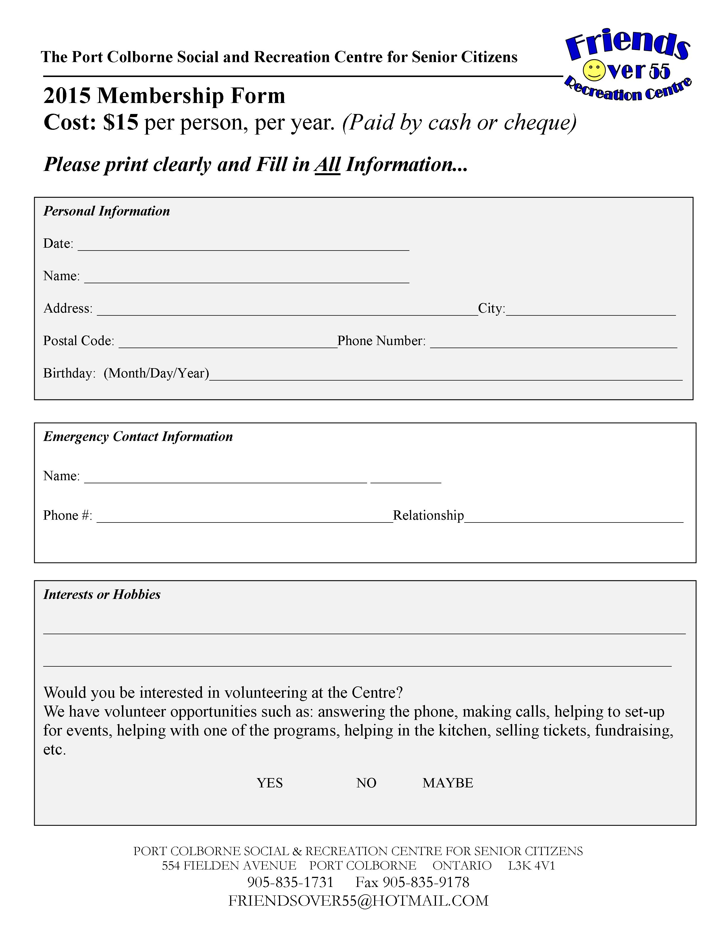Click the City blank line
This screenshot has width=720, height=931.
click(590, 311)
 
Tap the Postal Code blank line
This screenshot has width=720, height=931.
click(228, 344)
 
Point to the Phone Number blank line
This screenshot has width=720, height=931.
click(553, 344)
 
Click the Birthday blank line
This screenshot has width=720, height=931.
click(446, 376)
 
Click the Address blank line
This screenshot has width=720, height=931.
click(287, 311)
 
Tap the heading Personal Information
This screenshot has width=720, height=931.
click(107, 211)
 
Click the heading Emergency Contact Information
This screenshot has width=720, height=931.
click(138, 436)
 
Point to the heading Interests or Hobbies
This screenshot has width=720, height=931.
click(102, 594)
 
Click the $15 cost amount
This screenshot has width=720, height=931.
click(121, 123)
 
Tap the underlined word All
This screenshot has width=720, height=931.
click(327, 164)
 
